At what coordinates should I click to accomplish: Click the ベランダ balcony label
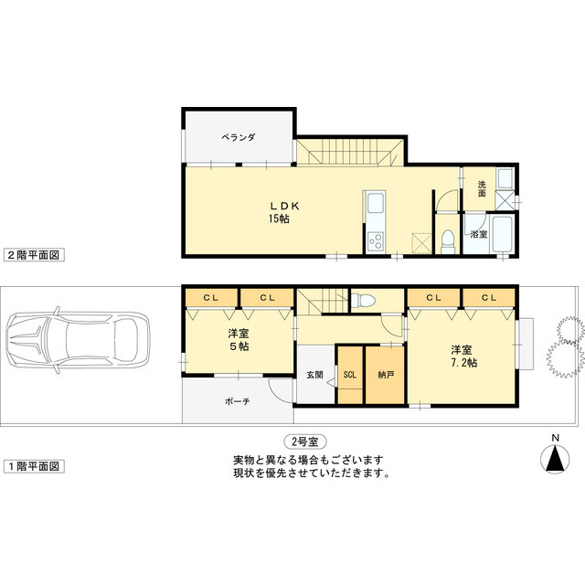pyautogui.click(x=238, y=137)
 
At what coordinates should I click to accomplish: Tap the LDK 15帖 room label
pyautogui.click(x=279, y=212)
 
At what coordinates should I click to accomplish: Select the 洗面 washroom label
pyautogui.click(x=482, y=189)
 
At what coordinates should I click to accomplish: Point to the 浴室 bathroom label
pyautogui.click(x=478, y=235)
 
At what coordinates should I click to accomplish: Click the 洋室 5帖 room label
pyautogui.click(x=239, y=340)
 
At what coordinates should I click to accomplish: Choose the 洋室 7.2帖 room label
pyautogui.click(x=461, y=356)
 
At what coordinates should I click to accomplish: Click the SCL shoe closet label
pyautogui.click(x=350, y=375)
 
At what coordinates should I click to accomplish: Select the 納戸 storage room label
pyautogui.click(x=385, y=375)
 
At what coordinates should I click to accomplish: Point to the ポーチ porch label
pyautogui.click(x=238, y=401)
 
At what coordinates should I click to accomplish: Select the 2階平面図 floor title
pyautogui.click(x=33, y=256)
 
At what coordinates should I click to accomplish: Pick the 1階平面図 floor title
pyautogui.click(x=33, y=466)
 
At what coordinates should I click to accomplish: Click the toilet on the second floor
pyautogui.click(x=447, y=240)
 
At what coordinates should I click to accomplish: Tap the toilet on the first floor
pyautogui.click(x=366, y=300)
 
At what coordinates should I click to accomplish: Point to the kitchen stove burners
pyautogui.click(x=375, y=241)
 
